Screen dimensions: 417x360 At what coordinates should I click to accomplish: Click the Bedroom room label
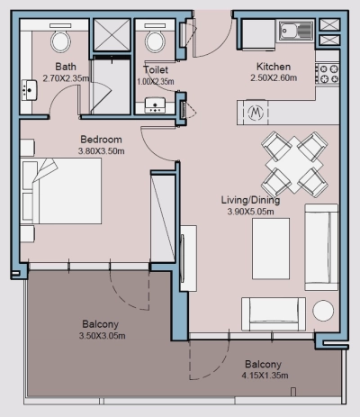[x=101, y=140]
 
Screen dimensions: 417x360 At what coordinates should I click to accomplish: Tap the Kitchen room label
[x=274, y=67]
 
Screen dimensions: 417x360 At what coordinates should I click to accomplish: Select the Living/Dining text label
[x=251, y=200]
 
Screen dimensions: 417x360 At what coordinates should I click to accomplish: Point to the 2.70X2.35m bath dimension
[x=65, y=77]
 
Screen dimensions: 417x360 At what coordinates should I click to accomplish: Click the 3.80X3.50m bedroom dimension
[x=101, y=151]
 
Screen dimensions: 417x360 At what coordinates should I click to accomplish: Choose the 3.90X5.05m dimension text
[x=251, y=212]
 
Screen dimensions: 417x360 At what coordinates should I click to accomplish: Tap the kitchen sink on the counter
[x=296, y=32]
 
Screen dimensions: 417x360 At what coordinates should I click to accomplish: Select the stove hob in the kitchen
[x=328, y=72]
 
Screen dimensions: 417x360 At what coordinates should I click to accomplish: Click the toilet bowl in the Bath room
[x=61, y=40]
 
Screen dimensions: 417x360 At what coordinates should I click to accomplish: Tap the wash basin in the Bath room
[x=29, y=88]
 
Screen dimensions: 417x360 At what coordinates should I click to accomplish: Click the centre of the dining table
[x=294, y=161]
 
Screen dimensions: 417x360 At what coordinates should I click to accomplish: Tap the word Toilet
[x=156, y=70]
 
